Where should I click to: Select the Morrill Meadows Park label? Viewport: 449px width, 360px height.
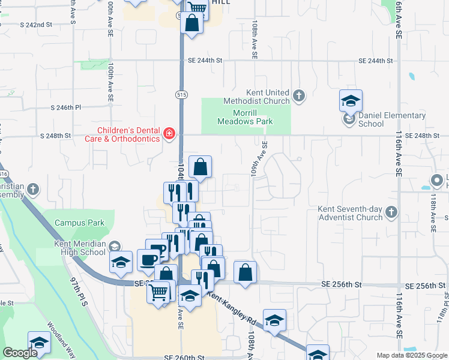click(253, 117)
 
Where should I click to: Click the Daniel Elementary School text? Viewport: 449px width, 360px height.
click(392, 119)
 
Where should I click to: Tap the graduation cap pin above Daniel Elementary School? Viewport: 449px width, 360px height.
click(351, 101)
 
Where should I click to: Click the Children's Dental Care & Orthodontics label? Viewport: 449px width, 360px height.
click(130, 134)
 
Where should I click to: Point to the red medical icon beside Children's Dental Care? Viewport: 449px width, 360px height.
click(169, 133)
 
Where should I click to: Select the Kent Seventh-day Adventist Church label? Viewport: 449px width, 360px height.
click(351, 213)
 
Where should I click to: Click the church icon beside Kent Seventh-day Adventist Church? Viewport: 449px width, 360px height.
click(391, 211)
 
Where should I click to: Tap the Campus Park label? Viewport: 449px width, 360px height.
click(79, 223)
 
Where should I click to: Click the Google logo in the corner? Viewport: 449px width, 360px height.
click(20, 353)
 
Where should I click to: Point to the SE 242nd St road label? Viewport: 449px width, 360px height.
click(37, 25)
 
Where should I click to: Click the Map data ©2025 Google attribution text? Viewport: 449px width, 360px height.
click(412, 355)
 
